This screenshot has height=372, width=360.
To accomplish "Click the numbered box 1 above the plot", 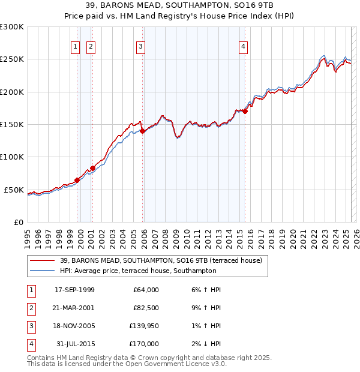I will tap(75, 47).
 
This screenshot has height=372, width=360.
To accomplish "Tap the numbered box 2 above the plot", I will tap(91, 47).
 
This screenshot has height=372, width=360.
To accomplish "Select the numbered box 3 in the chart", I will tap(140, 47).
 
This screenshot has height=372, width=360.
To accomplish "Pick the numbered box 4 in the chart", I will tap(243, 47).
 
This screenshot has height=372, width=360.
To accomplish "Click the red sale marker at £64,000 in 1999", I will tap(77, 180).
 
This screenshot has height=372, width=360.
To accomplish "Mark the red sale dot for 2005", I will tap(143, 131).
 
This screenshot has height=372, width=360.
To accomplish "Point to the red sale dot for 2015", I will tap(245, 112).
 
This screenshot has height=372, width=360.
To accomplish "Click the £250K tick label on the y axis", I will tap(12, 59).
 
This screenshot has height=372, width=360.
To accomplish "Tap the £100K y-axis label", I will tap(12, 157).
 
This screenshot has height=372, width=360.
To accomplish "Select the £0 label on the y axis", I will tap(18, 222).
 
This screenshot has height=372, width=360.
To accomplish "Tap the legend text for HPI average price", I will tap(138, 271).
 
